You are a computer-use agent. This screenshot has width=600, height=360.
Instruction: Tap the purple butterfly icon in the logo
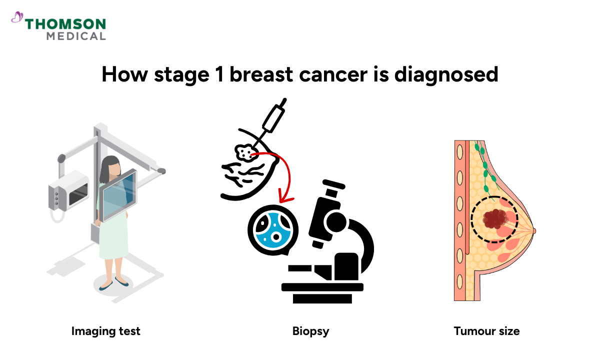[17, 18]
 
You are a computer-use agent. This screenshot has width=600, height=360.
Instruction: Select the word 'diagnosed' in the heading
[446, 75]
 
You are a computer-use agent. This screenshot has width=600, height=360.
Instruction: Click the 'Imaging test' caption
[105, 331]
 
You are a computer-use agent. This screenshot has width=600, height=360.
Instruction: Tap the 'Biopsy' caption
[311, 331]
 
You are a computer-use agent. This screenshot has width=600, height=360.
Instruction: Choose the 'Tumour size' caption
[486, 331]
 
